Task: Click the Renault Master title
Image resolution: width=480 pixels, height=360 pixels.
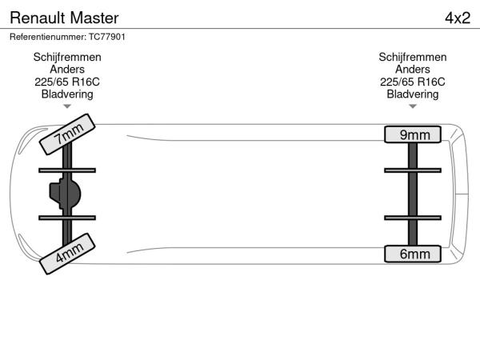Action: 64,18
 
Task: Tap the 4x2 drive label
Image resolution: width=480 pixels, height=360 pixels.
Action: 457,18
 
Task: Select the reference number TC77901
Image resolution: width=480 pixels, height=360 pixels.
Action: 106,37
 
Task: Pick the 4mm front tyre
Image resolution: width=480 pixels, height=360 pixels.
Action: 67,253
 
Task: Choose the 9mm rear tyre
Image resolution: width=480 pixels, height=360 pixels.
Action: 413,134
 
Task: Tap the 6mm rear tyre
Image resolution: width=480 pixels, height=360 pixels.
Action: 413,254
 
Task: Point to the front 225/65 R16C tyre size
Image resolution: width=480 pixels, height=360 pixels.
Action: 67,82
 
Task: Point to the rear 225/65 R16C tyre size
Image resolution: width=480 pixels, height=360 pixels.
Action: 413,82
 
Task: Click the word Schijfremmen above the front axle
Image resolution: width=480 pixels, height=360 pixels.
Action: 67,58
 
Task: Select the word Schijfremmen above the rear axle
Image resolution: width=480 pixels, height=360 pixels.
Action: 413,58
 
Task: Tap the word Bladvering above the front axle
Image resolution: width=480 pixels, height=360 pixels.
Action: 67,94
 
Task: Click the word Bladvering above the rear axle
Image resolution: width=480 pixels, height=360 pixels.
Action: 413,94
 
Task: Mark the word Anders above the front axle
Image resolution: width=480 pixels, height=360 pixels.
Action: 67,70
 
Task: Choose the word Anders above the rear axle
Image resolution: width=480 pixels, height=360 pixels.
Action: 413,70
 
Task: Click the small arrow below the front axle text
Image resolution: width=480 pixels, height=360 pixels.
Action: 67,106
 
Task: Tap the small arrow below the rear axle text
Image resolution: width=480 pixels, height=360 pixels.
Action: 413,106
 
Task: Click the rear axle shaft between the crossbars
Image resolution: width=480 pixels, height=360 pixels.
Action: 413,194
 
